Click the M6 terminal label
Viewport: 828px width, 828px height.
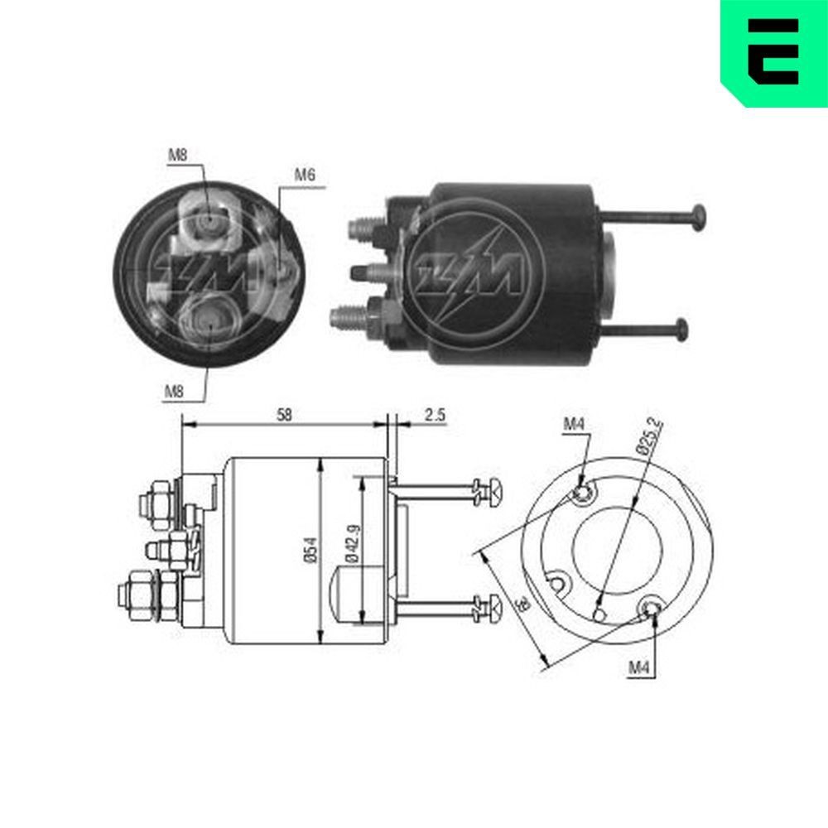pos(304,176)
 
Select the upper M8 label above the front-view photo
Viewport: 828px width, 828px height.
pos(178,154)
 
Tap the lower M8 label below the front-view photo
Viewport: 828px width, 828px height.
pos(173,392)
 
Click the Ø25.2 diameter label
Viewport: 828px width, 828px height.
pos(651,436)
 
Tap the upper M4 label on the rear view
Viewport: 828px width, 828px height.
pos(575,424)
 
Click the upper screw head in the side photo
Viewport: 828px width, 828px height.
pos(699,217)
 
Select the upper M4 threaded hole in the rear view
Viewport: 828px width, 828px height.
pos(583,494)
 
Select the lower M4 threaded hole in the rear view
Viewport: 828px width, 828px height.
pos(652,610)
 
